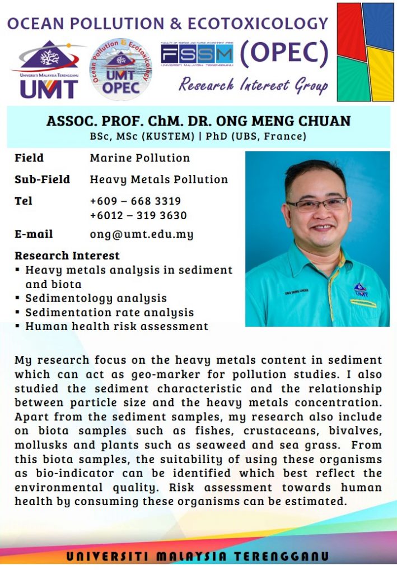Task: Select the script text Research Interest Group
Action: pos(253,85)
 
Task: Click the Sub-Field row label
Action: pos(42,179)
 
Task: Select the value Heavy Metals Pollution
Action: pos(159,179)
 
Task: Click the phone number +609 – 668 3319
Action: pos(135,201)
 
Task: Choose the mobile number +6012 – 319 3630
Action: pos(138,215)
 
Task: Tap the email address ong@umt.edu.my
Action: pos(142,234)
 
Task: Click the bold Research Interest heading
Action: pos(67,256)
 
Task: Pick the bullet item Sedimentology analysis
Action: pos(96,298)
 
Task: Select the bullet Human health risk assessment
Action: pos(116,326)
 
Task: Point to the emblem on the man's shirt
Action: pos(361,290)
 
